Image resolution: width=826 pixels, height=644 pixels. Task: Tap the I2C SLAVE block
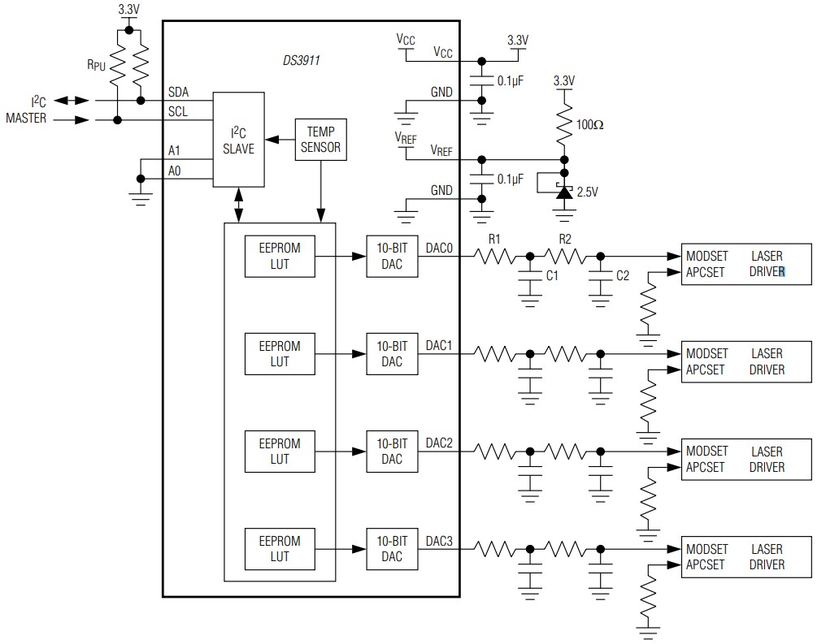coord(238,140)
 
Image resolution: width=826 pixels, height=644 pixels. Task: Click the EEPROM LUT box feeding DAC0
coord(279,256)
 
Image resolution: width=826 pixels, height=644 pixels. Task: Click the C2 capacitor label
coord(622,276)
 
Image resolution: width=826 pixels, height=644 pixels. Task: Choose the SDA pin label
coord(178,93)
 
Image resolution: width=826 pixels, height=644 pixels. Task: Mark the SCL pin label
coord(178,112)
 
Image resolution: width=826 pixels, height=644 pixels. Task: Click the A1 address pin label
coord(174,150)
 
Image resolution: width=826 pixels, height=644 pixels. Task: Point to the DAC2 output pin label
coord(439,443)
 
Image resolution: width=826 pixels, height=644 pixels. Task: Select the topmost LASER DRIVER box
coord(746,264)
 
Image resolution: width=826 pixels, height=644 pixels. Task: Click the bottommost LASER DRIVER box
coord(746,556)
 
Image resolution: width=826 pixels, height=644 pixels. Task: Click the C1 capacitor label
coord(552,276)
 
